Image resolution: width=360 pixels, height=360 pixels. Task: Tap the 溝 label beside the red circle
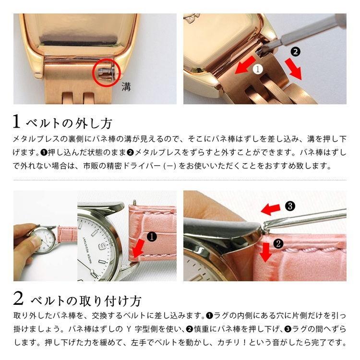[126, 88]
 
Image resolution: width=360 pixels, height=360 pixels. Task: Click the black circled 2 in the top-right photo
[296, 51]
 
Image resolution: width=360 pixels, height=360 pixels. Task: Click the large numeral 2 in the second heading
[18, 300]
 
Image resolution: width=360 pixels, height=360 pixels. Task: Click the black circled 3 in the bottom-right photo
[289, 206]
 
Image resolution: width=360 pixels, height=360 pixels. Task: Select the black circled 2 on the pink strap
[278, 244]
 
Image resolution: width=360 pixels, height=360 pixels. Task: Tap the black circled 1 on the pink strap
[152, 236]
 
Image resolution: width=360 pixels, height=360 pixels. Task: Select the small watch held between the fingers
[45, 239]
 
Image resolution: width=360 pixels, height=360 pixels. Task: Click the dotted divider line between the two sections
[180, 180]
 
